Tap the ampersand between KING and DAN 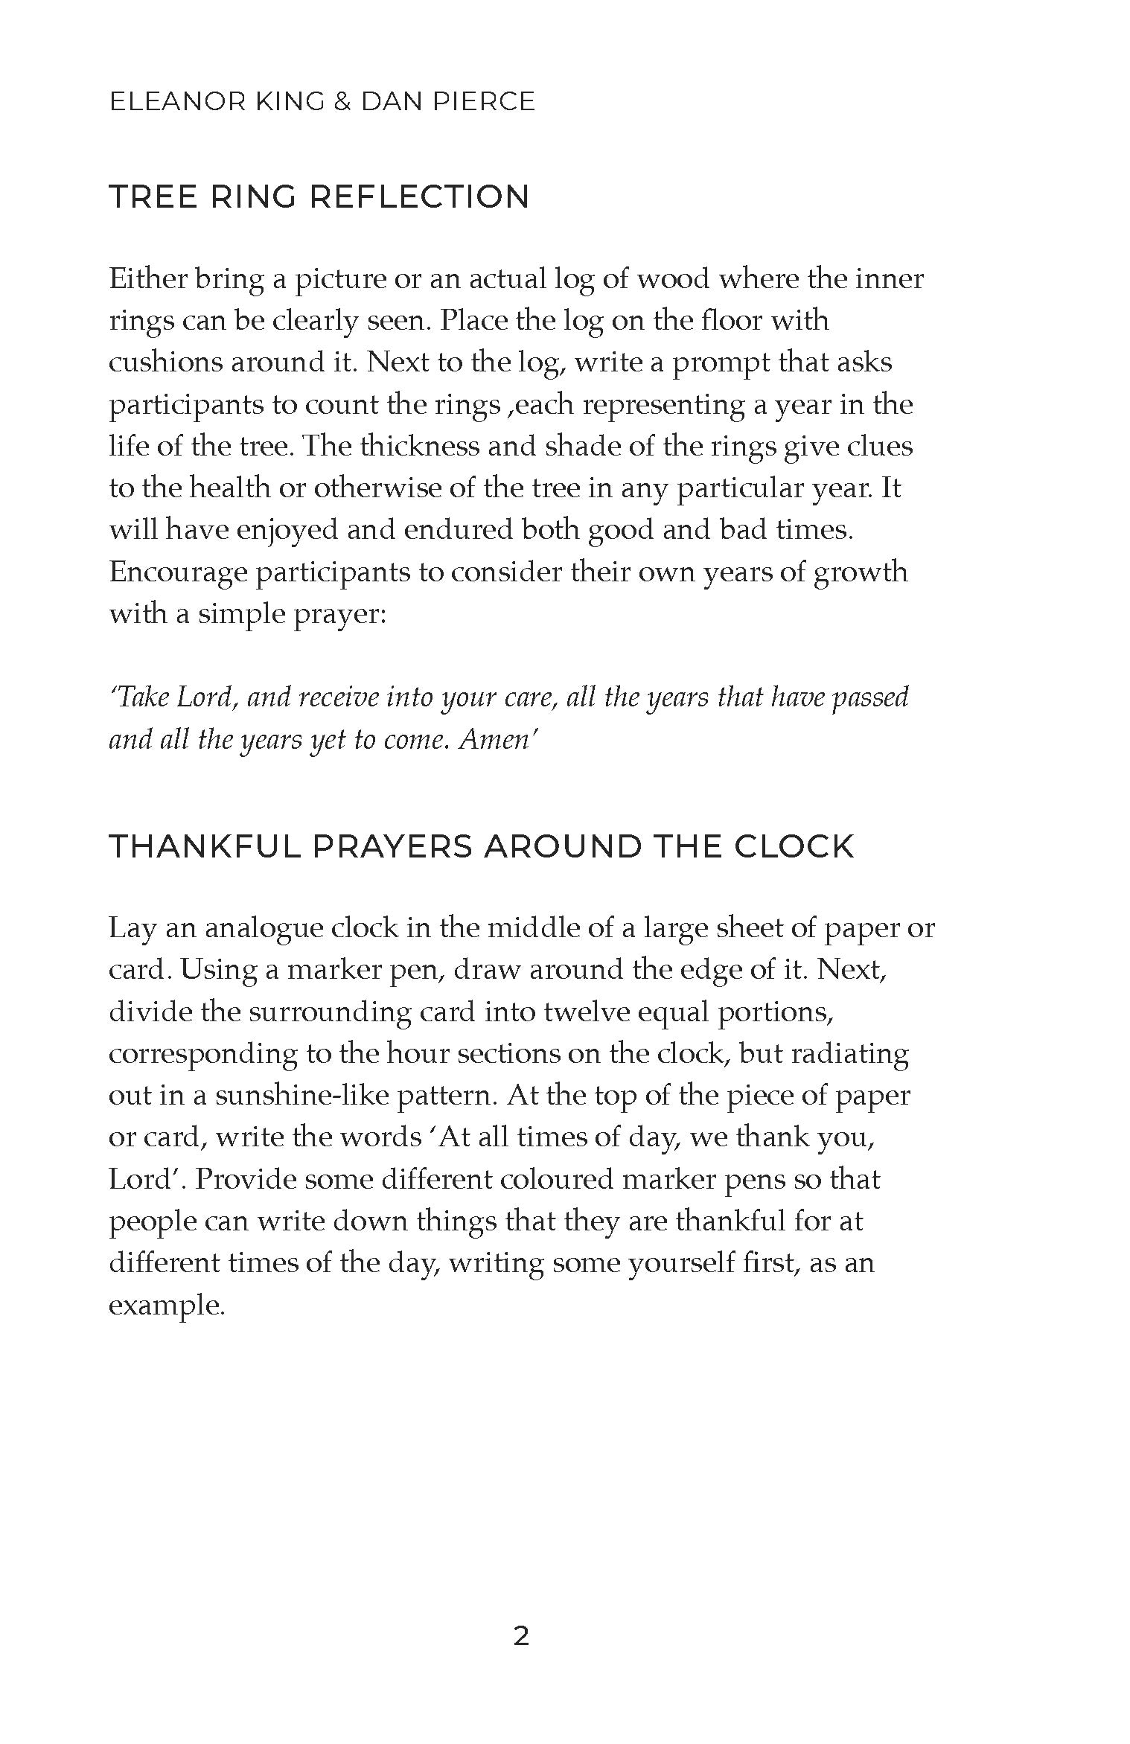tap(342, 102)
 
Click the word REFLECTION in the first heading tap(418, 197)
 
